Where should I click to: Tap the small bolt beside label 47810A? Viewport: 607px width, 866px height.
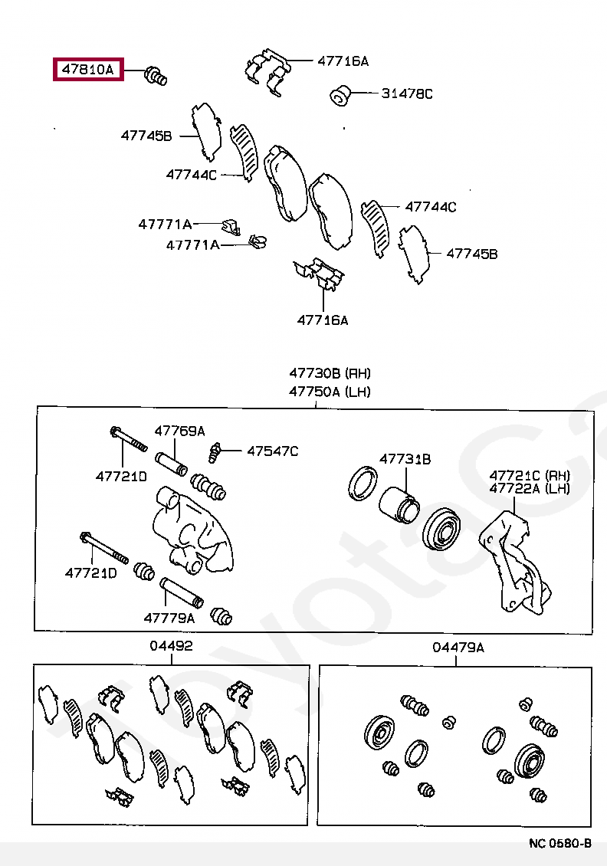pos(156,76)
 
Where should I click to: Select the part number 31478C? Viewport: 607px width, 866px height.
pos(407,94)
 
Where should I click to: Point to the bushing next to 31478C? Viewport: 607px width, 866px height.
pos(340,97)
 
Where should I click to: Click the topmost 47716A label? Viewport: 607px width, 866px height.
pos(343,61)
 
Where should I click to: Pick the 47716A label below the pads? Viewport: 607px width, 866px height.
pos(323,320)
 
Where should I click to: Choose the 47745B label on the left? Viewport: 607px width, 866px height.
pos(146,136)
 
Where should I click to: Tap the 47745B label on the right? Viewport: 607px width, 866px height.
pos(471,253)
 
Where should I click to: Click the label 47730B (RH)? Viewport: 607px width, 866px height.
pos(330,374)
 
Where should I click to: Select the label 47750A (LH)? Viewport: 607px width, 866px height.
pos(330,392)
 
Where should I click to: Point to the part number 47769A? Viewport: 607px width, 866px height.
pos(180,431)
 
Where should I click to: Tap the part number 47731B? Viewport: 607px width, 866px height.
pos(405,459)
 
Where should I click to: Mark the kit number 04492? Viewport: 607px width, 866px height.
pos(171,647)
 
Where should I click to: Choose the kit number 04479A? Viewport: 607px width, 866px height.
pos(458,648)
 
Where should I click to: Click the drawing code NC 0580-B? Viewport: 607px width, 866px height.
pos(559,843)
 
